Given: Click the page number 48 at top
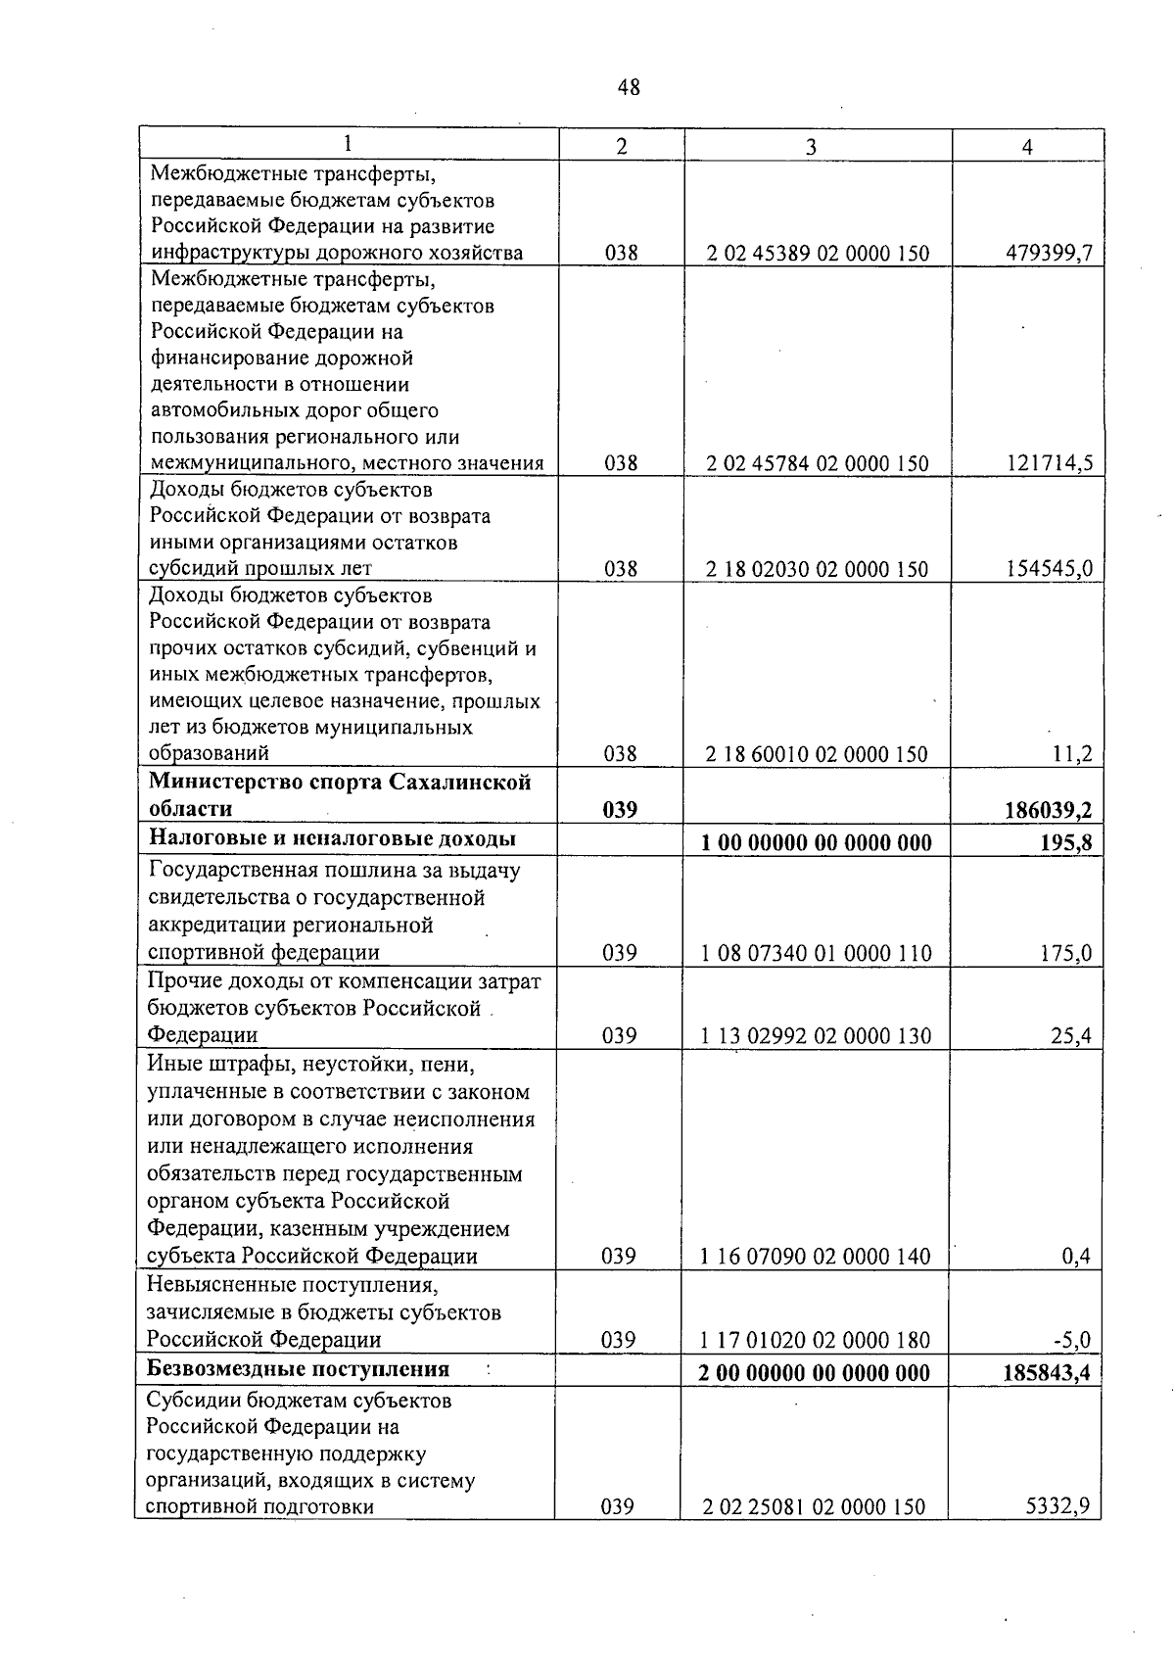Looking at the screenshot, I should pyautogui.click(x=629, y=87).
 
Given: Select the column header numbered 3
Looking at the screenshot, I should pyautogui.click(x=810, y=147).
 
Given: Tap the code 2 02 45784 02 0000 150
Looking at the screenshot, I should pyautogui.click(x=818, y=463).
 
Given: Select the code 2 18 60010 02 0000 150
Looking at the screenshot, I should pyautogui.click(x=818, y=754).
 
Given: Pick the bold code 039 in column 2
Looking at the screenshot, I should pyautogui.click(x=620, y=810).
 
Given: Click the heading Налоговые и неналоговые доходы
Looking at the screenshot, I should pyautogui.click(x=332, y=838).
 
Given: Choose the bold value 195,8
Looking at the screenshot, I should pyautogui.click(x=1064, y=842).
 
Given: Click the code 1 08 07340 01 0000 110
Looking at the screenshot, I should pyautogui.click(x=817, y=953).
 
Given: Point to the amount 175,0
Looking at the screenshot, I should pyautogui.click(x=1065, y=953).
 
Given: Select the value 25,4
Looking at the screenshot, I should pyautogui.click(x=1071, y=1036).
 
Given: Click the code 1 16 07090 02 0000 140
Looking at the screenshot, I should pyautogui.click(x=816, y=1257).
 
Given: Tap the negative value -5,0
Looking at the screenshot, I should pyautogui.click(x=1071, y=1340).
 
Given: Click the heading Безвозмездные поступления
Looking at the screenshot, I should pyautogui.click(x=298, y=1369).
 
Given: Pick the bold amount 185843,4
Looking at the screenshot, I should pyautogui.click(x=1046, y=1373).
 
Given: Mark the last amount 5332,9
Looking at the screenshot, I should pyautogui.click(x=1057, y=1506).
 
